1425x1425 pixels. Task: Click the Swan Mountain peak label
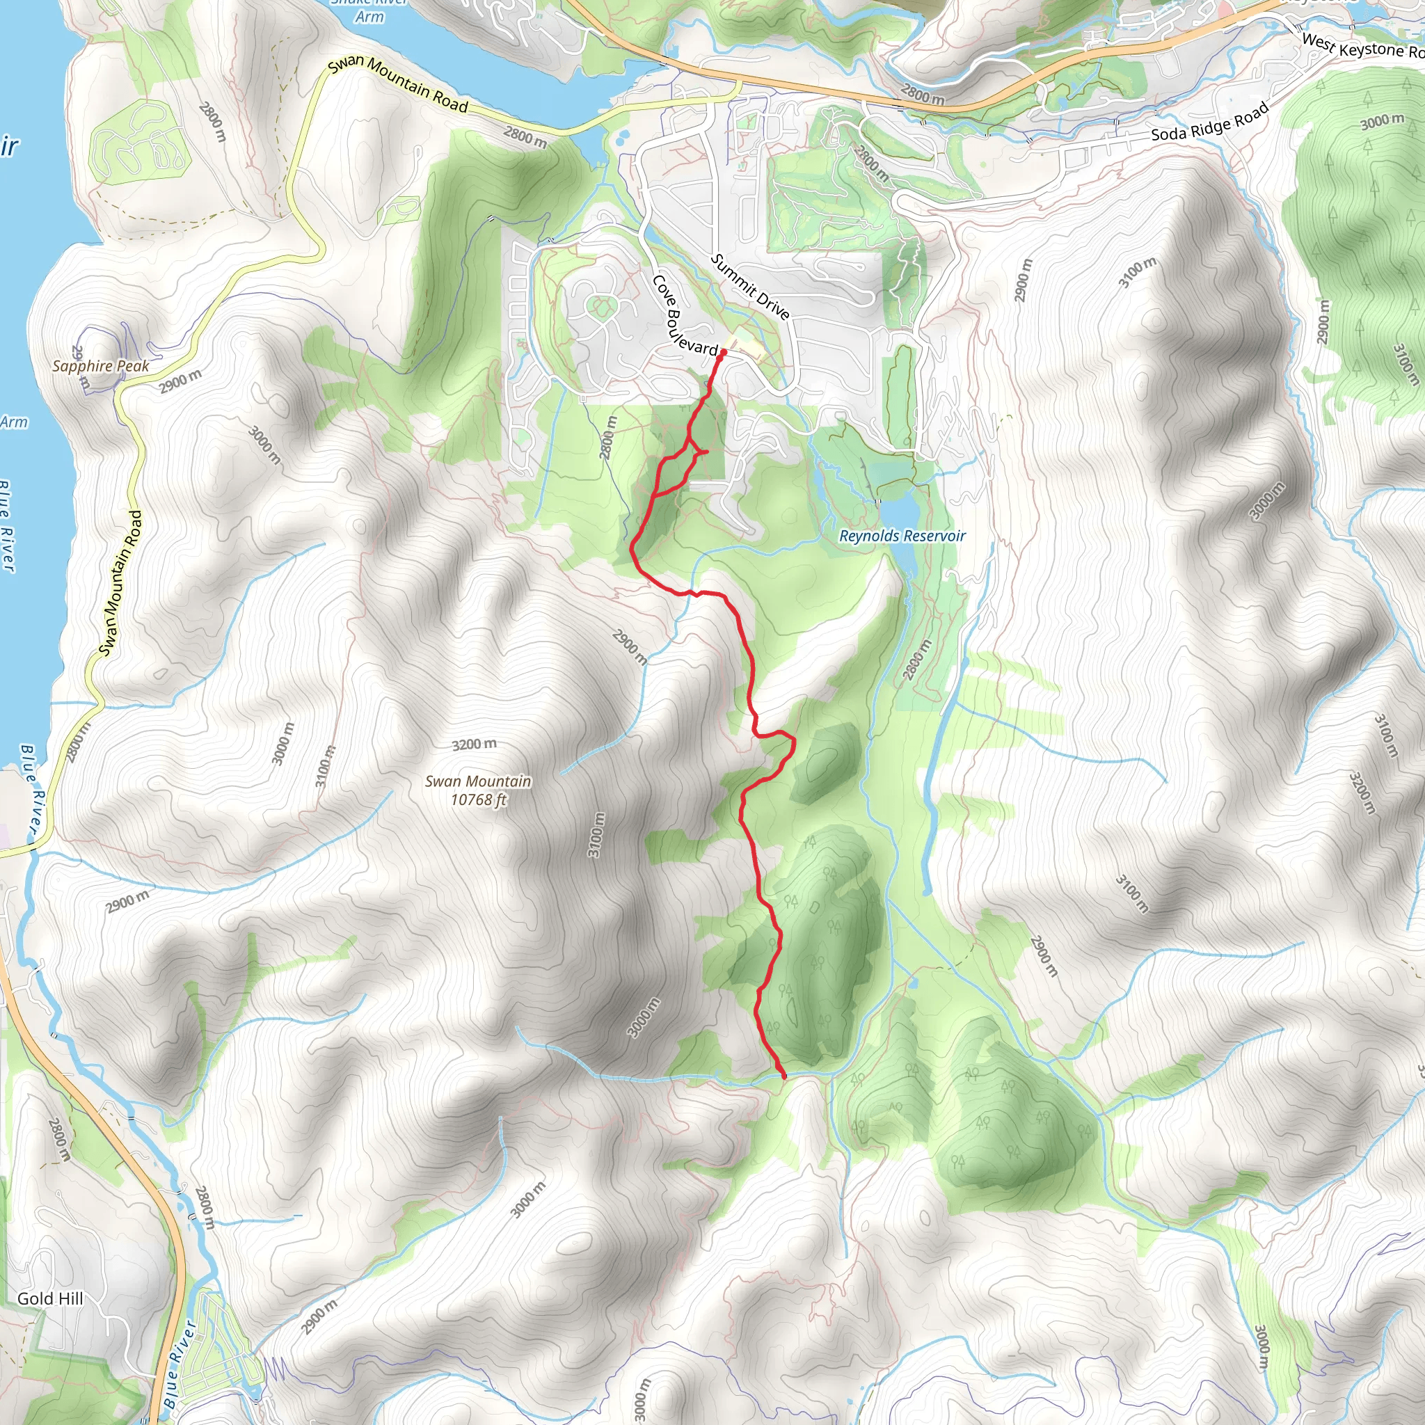(478, 781)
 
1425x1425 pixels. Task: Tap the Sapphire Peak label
(100, 366)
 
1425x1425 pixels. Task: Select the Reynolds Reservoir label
(902, 536)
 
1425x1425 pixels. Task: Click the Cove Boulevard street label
(683, 317)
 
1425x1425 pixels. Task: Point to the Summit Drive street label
(750, 287)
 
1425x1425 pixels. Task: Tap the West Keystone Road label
(1362, 47)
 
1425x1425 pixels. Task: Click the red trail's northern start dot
(723, 353)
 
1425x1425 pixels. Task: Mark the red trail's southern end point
(783, 1076)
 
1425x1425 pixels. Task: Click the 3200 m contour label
(475, 745)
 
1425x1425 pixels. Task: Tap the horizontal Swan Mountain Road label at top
(398, 85)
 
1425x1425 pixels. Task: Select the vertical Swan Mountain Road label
(120, 582)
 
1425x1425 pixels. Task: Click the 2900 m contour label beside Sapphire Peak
(180, 381)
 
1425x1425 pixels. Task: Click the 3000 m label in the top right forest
(1383, 121)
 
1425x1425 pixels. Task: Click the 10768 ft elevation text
(479, 799)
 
